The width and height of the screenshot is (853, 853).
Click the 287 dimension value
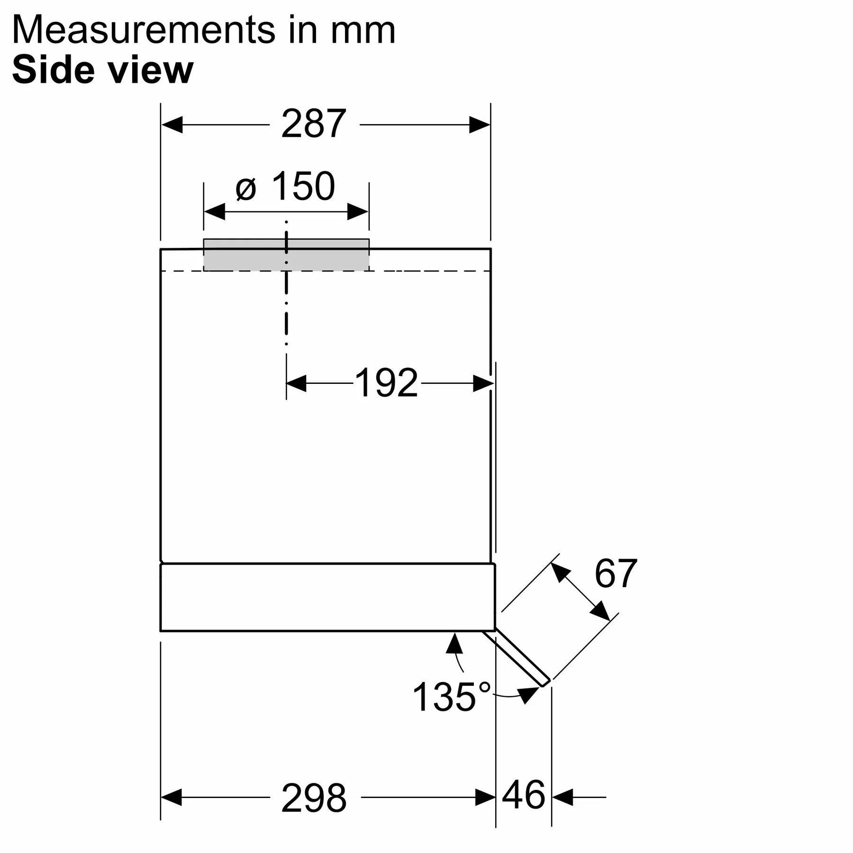click(313, 124)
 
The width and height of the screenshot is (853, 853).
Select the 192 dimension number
click(386, 382)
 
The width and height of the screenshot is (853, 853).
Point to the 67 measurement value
click(616, 573)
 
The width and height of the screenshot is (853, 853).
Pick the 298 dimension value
click(314, 798)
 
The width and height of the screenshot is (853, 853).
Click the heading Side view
click(103, 70)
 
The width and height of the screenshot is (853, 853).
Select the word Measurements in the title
click(143, 30)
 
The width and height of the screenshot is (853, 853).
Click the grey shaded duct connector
click(286, 254)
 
